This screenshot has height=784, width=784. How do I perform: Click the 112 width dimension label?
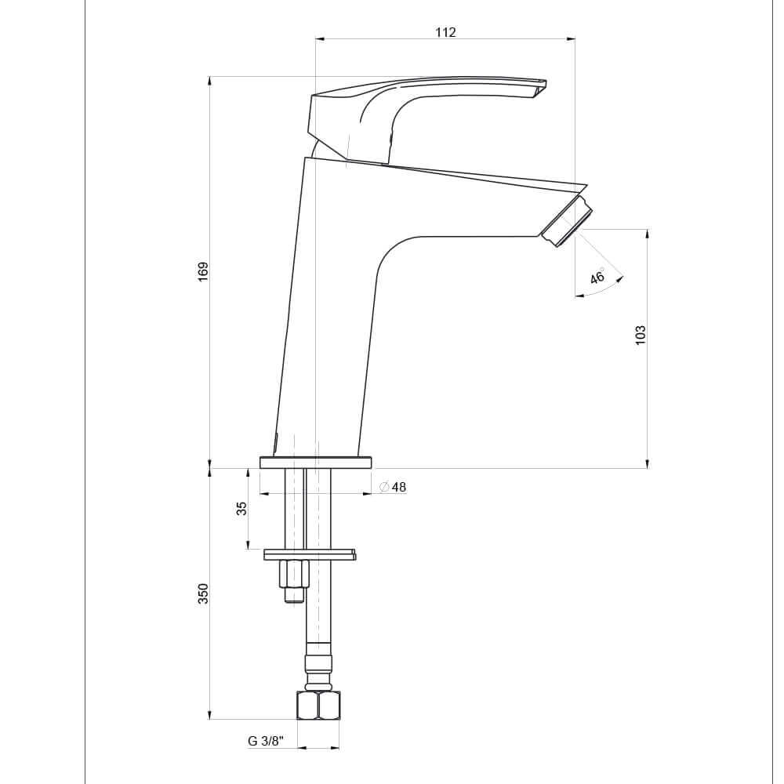(x=445, y=32)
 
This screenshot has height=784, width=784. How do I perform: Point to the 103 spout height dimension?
(x=641, y=335)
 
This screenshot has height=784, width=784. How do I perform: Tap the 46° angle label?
(x=597, y=277)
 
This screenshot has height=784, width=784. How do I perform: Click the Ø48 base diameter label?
(x=393, y=487)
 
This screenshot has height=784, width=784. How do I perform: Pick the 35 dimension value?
(x=242, y=508)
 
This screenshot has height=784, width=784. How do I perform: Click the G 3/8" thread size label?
(x=265, y=741)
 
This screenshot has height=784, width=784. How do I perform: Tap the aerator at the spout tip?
(x=568, y=222)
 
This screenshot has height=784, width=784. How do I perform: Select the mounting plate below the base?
(x=310, y=554)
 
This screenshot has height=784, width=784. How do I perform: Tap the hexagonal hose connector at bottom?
(x=318, y=705)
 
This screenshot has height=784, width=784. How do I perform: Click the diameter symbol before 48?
(x=383, y=487)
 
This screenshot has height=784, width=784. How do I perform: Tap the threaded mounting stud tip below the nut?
(x=294, y=595)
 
